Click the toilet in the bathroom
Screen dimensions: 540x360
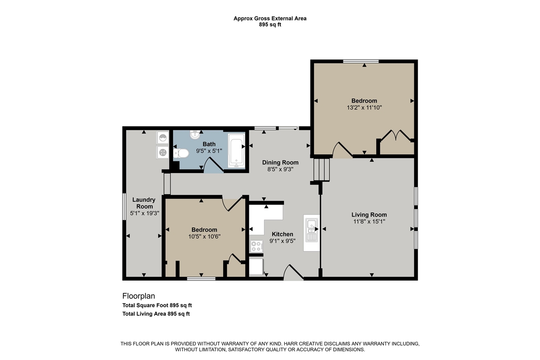pyautogui.click(x=181, y=153)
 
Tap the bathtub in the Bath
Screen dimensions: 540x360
pyautogui.click(x=236, y=150)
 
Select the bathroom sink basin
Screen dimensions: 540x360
pyautogui.click(x=195, y=135)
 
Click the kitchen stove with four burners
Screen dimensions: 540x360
pyautogui.click(x=256, y=246)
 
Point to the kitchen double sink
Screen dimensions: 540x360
pyautogui.click(x=311, y=230)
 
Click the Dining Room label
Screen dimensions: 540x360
pyautogui.click(x=281, y=162)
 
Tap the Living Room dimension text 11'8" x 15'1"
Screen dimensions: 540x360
pyautogui.click(x=369, y=221)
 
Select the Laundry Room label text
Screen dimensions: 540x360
pyautogui.click(x=144, y=203)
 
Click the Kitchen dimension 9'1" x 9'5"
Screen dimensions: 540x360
pyautogui.click(x=282, y=241)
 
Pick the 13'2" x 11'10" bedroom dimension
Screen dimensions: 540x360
pyautogui.click(x=364, y=108)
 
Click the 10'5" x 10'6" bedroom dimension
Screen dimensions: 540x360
pyautogui.click(x=205, y=236)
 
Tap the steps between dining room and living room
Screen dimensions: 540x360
pyautogui.click(x=321, y=170)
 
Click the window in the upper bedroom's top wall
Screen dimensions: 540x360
pyautogui.click(x=361, y=61)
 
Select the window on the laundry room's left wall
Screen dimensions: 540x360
pyautogui.click(x=124, y=206)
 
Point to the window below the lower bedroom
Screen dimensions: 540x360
pyautogui.click(x=201, y=279)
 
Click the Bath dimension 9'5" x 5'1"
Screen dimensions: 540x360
pyautogui.click(x=209, y=151)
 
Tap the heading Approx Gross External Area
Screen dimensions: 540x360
pyautogui.click(x=270, y=19)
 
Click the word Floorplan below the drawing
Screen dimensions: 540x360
pyautogui.click(x=139, y=296)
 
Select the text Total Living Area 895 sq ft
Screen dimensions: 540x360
pyautogui.click(x=156, y=314)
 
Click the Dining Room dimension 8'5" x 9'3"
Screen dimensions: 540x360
pyautogui.click(x=281, y=169)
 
